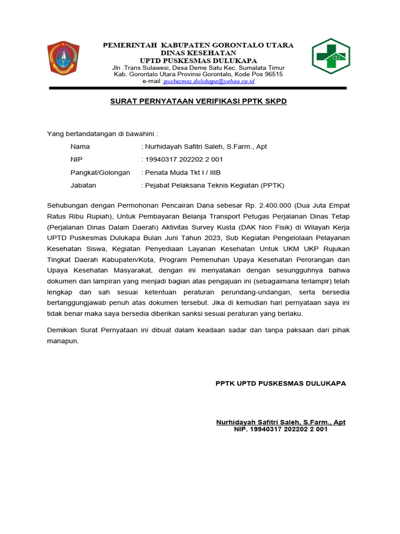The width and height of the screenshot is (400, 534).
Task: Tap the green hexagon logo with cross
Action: coord(331,56)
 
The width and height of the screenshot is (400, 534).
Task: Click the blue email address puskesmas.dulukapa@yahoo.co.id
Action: coord(209,81)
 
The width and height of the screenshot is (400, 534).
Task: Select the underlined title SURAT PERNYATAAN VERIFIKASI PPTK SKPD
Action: coord(198,101)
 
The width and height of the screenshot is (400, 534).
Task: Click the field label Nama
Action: coord(80,147)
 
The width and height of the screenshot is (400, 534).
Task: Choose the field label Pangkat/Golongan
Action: coord(100,172)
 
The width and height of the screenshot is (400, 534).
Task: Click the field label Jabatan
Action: coord(83,185)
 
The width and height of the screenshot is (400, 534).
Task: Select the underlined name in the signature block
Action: coord(281,422)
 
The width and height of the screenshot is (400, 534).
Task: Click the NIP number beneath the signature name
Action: coord(281,430)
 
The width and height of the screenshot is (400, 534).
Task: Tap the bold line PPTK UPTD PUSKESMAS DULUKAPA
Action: coord(281,383)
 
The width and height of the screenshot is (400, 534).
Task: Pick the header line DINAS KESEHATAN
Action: coord(198,53)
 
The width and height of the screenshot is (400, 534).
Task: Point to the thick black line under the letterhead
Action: coord(198,88)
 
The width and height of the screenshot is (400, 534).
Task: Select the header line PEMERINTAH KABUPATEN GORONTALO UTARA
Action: coord(198,45)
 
